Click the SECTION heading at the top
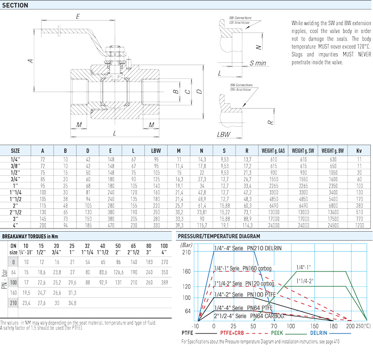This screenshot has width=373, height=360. pyautogui.click(x=16, y=5)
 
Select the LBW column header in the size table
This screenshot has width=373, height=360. pyautogui.click(x=156, y=151)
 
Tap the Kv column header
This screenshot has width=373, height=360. pyautogui.click(x=359, y=151)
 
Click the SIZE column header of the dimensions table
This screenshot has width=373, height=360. pyautogui.click(x=15, y=151)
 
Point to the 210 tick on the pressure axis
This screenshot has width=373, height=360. pyautogui.click(x=187, y=252)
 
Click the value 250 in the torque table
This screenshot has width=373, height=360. pyautogui.click(x=165, y=263)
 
